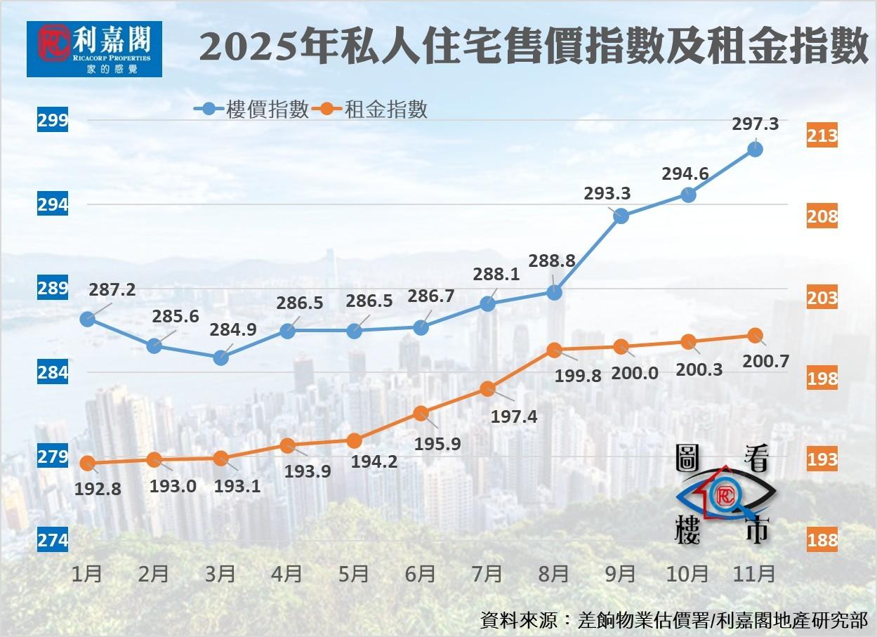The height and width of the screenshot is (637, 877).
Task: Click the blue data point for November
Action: (x=755, y=149)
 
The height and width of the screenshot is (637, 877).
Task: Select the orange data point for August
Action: (x=554, y=349)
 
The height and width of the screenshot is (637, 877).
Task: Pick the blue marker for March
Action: (x=220, y=357)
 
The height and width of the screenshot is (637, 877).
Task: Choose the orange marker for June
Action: (x=421, y=413)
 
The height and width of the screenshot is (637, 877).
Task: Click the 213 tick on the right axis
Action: (x=822, y=135)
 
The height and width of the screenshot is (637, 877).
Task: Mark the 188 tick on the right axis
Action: (x=822, y=540)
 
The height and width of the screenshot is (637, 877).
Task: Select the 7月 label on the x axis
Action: (x=487, y=574)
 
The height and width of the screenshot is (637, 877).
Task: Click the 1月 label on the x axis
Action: (x=87, y=574)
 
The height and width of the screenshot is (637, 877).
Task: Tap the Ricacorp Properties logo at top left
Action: (x=94, y=48)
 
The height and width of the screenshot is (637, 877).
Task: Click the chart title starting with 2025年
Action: (x=534, y=49)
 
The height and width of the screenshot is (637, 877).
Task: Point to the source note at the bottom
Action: (x=674, y=620)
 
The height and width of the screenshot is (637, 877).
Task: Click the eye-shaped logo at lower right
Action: (x=723, y=496)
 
